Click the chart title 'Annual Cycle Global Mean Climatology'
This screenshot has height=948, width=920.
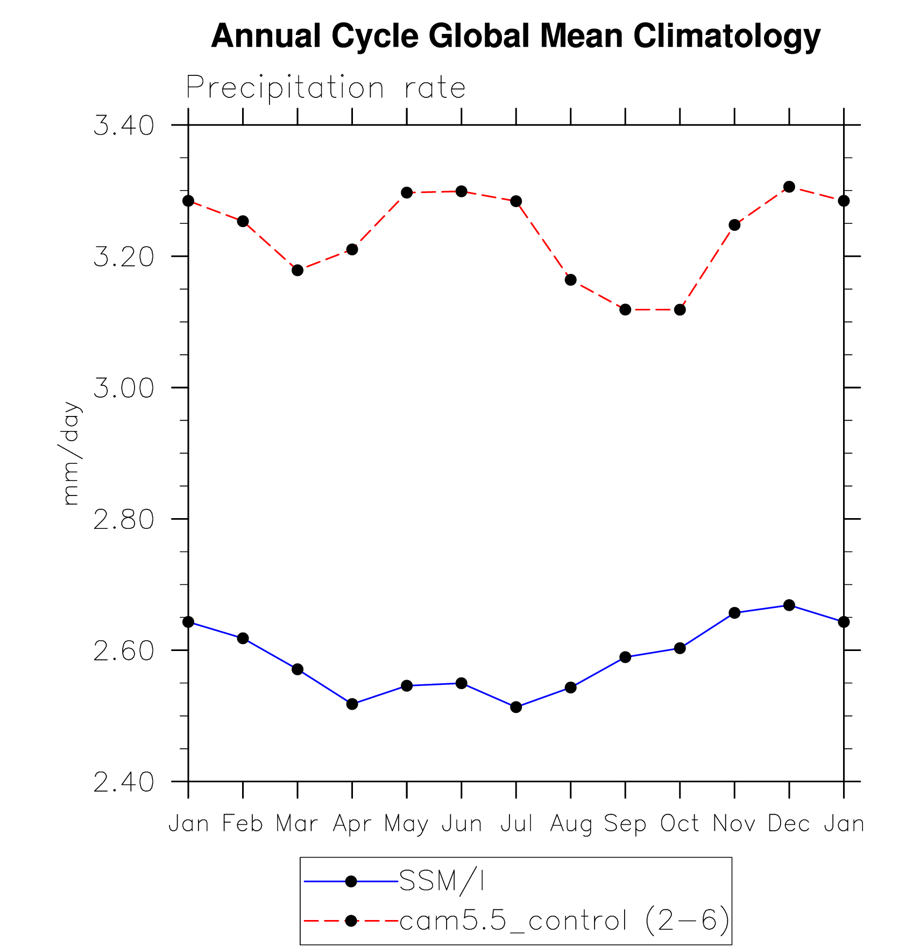(x=515, y=36)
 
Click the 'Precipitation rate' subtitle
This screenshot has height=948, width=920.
(x=325, y=87)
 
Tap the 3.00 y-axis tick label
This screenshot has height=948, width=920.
(x=123, y=388)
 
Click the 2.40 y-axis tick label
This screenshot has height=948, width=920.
(x=123, y=782)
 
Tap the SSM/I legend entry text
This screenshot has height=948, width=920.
(x=442, y=881)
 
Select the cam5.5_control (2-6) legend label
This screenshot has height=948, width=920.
(x=564, y=921)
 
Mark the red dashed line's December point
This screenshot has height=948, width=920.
(x=789, y=187)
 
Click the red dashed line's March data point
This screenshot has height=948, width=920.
(x=298, y=270)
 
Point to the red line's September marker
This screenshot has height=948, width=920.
(x=625, y=310)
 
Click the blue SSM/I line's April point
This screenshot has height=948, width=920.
(x=352, y=704)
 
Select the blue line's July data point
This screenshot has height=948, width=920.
(x=516, y=707)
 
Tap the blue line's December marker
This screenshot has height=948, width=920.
(x=789, y=605)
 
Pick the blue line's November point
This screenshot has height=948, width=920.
(x=734, y=613)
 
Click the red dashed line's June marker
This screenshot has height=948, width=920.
(x=461, y=192)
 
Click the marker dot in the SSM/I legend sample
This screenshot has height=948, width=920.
(x=351, y=881)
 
